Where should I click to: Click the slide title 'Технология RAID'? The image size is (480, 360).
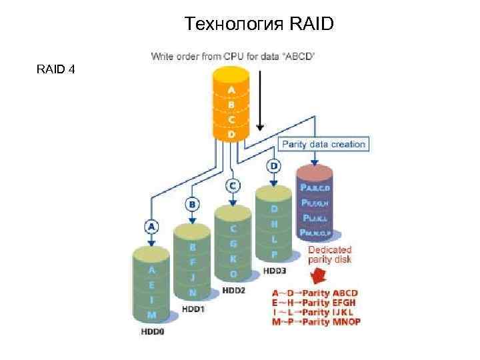pyautogui.click(x=259, y=25)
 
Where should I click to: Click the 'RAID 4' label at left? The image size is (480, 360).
pyautogui.click(x=55, y=69)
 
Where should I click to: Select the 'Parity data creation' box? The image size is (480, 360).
pyautogui.click(x=323, y=144)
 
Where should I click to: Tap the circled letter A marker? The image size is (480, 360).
pyautogui.click(x=152, y=227)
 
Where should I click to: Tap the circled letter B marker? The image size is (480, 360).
pyautogui.click(x=192, y=203)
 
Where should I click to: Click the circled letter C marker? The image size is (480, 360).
pyautogui.click(x=233, y=185)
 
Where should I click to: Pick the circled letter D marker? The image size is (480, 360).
pyautogui.click(x=273, y=164)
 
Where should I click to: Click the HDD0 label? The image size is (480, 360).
pyautogui.click(x=152, y=330)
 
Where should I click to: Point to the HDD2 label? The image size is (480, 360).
pyautogui.click(x=234, y=290)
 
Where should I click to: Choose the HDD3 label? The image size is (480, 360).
pyautogui.click(x=274, y=270)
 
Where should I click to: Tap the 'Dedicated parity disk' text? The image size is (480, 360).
pyautogui.click(x=329, y=255)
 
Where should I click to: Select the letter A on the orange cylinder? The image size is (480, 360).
pyautogui.click(x=231, y=89)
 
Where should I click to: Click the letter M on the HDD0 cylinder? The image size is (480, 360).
pyautogui.click(x=152, y=315)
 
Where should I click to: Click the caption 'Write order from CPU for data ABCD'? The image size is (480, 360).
pyautogui.click(x=233, y=57)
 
